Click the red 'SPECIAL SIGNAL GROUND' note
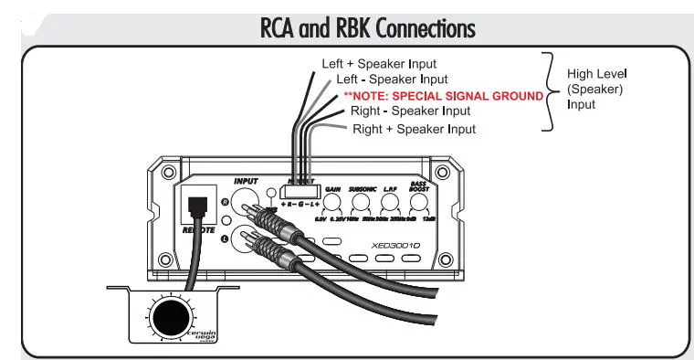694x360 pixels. tap(443, 96)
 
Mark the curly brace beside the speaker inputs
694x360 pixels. tap(551, 90)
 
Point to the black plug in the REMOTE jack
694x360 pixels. tap(194, 207)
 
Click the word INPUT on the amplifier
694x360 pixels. tap(247, 181)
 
